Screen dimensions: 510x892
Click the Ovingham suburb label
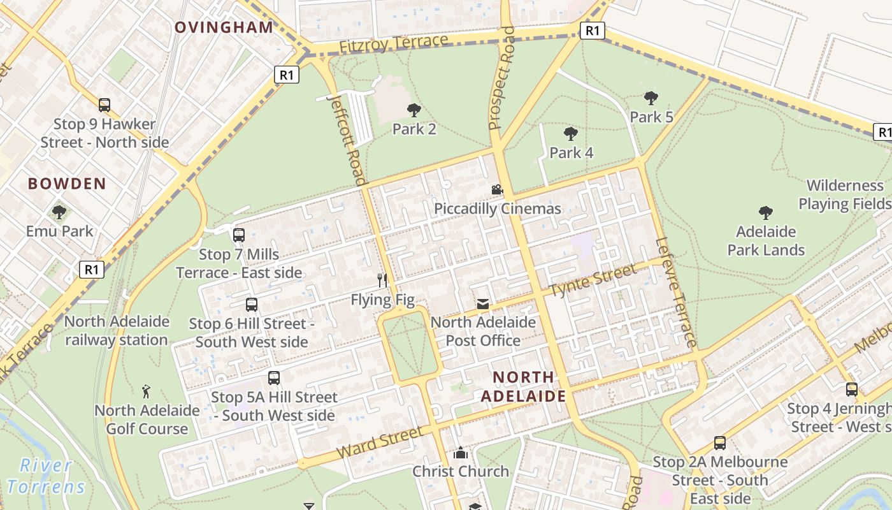(224, 27)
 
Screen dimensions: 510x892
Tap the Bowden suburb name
(67, 184)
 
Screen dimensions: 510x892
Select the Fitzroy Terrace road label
(394, 45)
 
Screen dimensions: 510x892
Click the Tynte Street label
(593, 280)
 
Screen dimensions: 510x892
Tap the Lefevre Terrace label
(676, 293)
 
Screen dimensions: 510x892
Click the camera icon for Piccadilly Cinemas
(497, 190)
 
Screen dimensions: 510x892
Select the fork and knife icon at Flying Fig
(382, 280)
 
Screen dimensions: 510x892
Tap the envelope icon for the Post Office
(483, 304)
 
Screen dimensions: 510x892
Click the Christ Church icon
(460, 453)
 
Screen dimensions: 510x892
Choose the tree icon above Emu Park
(59, 212)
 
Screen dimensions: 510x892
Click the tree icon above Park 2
(414, 110)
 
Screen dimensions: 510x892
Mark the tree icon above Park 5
(651, 98)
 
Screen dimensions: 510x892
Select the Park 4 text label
(571, 153)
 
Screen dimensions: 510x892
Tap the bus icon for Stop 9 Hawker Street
(104, 105)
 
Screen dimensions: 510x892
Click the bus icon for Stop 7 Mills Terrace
(239, 235)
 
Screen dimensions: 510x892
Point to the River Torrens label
(46, 476)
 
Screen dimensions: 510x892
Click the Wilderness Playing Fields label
(845, 194)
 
